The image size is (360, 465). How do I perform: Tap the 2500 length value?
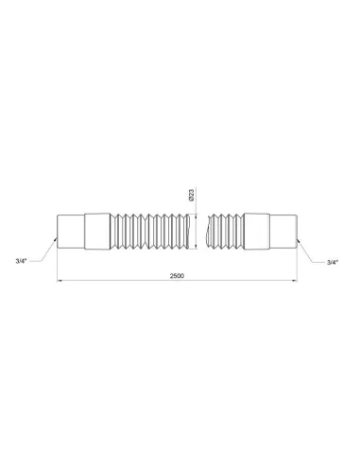coord(177,274)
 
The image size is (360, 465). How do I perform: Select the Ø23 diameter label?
coord(191,197)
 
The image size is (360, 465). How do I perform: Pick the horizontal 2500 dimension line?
coord(123,281)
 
